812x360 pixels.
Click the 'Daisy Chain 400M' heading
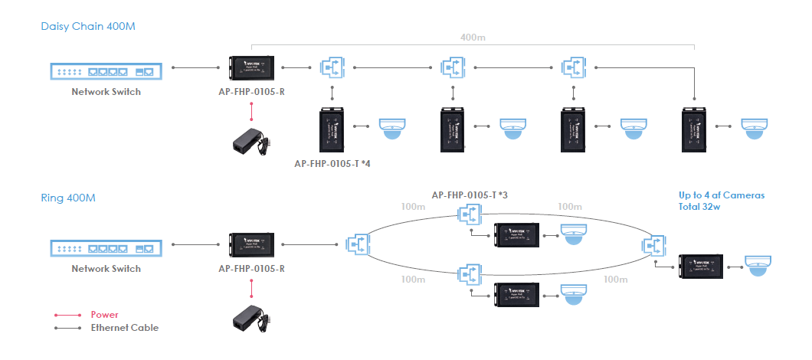tap(88, 27)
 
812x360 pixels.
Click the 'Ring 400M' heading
tap(68, 198)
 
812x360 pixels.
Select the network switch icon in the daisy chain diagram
tap(106, 72)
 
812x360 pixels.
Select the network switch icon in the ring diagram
tap(106, 249)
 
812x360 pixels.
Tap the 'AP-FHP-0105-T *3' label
tap(470, 195)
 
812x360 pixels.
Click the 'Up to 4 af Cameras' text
tap(722, 195)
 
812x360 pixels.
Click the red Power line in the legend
tap(67, 315)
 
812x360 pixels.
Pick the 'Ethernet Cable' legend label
tap(124, 328)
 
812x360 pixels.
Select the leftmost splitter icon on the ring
tap(357, 245)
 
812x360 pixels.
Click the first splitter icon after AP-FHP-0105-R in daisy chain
tap(332, 67)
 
